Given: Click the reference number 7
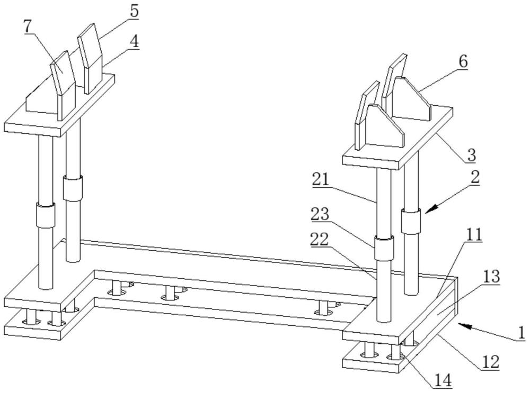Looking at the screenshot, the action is pos(29,26).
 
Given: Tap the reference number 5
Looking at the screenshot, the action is pos(134,11).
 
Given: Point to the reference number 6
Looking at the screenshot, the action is pos(463,62).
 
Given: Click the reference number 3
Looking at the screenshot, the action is pos(472,155).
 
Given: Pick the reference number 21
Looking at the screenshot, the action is pos(321,180).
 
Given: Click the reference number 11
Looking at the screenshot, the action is pos(474,234).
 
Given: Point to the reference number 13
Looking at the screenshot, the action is pos(492,276).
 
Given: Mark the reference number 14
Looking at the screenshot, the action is pos(443,380).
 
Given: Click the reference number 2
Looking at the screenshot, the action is pos(475,177).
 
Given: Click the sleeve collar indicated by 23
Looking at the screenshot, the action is pos(384,248).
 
